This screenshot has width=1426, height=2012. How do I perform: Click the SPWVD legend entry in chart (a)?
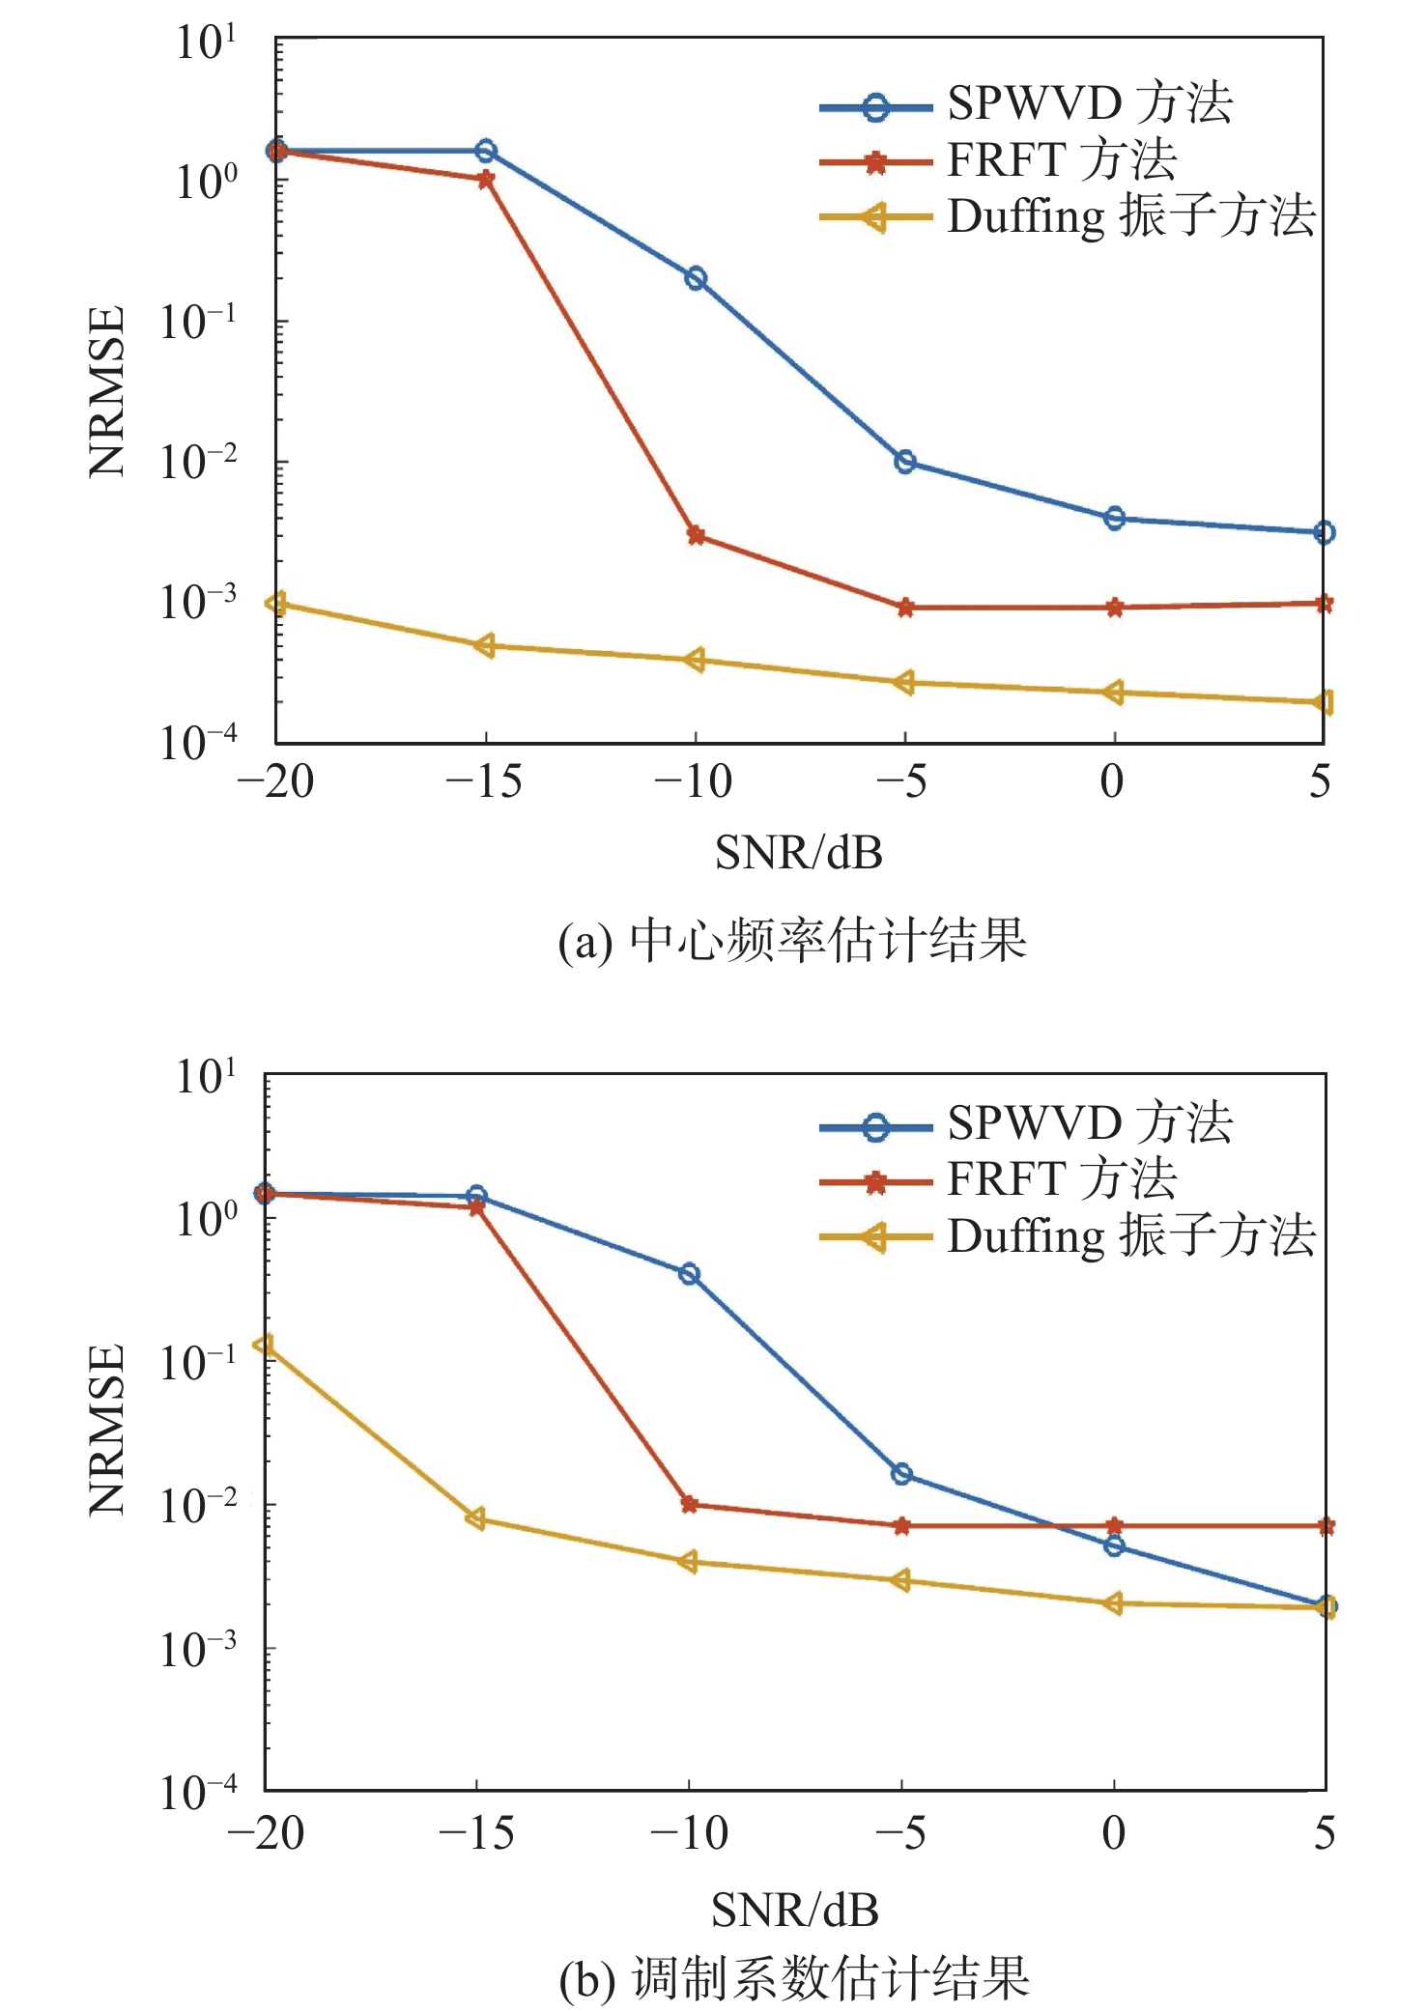pos(1024,104)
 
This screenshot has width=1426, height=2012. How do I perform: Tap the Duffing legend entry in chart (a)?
pos(1067,217)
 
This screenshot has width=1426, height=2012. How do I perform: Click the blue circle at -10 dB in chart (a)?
pos(696,279)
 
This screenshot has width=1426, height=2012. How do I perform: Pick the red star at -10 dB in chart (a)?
pos(696,535)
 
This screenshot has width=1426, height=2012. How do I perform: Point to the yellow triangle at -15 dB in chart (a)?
pos(485,645)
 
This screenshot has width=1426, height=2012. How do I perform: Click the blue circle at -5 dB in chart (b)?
pos(901,1474)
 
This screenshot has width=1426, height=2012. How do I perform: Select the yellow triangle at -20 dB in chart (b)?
pos(264,1346)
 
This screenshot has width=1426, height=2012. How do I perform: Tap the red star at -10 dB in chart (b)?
pos(689,1504)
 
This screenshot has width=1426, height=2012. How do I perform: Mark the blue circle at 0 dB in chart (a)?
pos(1114,519)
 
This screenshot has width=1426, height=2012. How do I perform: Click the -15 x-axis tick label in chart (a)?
pos(483,781)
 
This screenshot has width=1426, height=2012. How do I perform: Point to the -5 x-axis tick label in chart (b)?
pos(899,1832)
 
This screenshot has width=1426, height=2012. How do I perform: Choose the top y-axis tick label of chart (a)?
pos(205,43)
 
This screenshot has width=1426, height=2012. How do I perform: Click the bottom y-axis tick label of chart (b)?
pos(198,1793)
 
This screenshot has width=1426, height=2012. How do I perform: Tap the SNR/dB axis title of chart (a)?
pos(798,853)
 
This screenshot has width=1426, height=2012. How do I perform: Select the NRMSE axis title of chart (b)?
pos(107,1429)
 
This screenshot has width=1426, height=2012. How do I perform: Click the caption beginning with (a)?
pos(792,940)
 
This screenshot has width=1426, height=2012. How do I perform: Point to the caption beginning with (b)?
pos(794,1977)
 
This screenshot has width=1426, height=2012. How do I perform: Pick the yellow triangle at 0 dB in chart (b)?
pos(1113,1604)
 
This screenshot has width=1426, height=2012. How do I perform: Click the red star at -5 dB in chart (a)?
pos(905,608)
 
